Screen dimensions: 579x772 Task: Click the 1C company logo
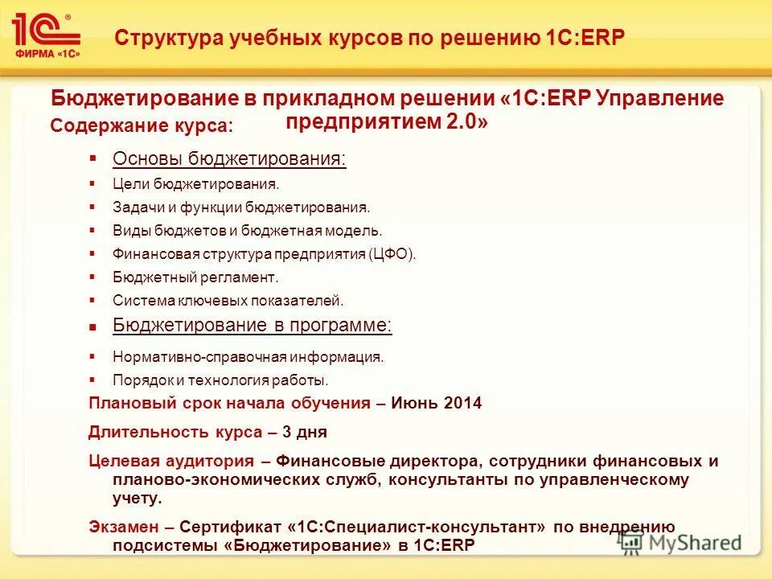tap(47, 34)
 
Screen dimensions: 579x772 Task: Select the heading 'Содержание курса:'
tap(142, 125)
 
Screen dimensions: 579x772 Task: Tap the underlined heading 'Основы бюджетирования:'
tap(229, 158)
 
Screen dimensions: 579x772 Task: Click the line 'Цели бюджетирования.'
tap(195, 184)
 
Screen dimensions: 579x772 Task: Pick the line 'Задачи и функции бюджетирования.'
tap(241, 207)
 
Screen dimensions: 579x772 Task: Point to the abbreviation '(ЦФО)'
tap(393, 254)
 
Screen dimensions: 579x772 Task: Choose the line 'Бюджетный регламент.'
tap(195, 277)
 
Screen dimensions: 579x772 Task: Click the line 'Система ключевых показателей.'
tap(228, 301)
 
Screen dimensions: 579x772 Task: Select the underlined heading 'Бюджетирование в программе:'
tap(253, 326)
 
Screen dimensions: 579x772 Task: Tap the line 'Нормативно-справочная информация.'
tap(248, 356)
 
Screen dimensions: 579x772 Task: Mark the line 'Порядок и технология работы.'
tap(220, 380)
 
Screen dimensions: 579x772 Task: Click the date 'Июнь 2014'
tap(436, 404)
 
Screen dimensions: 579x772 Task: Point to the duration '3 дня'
tap(304, 432)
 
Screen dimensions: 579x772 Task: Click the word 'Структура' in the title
tap(162, 38)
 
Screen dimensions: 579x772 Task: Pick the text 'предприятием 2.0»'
tap(386, 123)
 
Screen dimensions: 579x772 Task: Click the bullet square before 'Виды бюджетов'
tap(93, 231)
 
